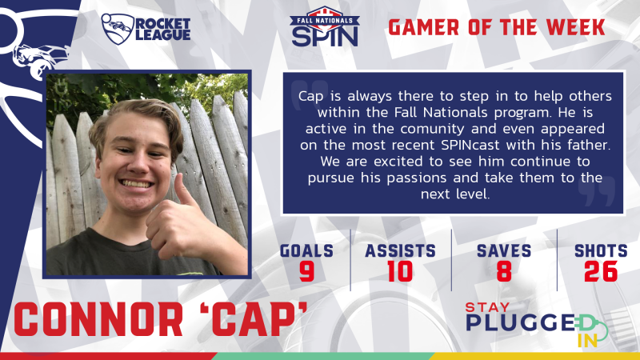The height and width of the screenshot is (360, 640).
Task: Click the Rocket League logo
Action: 146,27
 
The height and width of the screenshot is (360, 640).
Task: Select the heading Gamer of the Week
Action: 496,27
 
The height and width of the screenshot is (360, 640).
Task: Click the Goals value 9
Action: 306,272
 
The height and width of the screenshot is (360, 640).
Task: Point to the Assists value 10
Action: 400,272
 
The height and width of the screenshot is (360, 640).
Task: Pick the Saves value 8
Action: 504,272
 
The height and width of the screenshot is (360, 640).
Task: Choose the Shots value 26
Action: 601,272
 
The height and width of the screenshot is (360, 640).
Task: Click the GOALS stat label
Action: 306,251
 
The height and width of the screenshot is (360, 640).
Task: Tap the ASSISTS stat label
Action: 400,251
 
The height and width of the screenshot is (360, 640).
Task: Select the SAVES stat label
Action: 504,251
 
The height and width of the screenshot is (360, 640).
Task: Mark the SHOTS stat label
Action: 601,251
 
